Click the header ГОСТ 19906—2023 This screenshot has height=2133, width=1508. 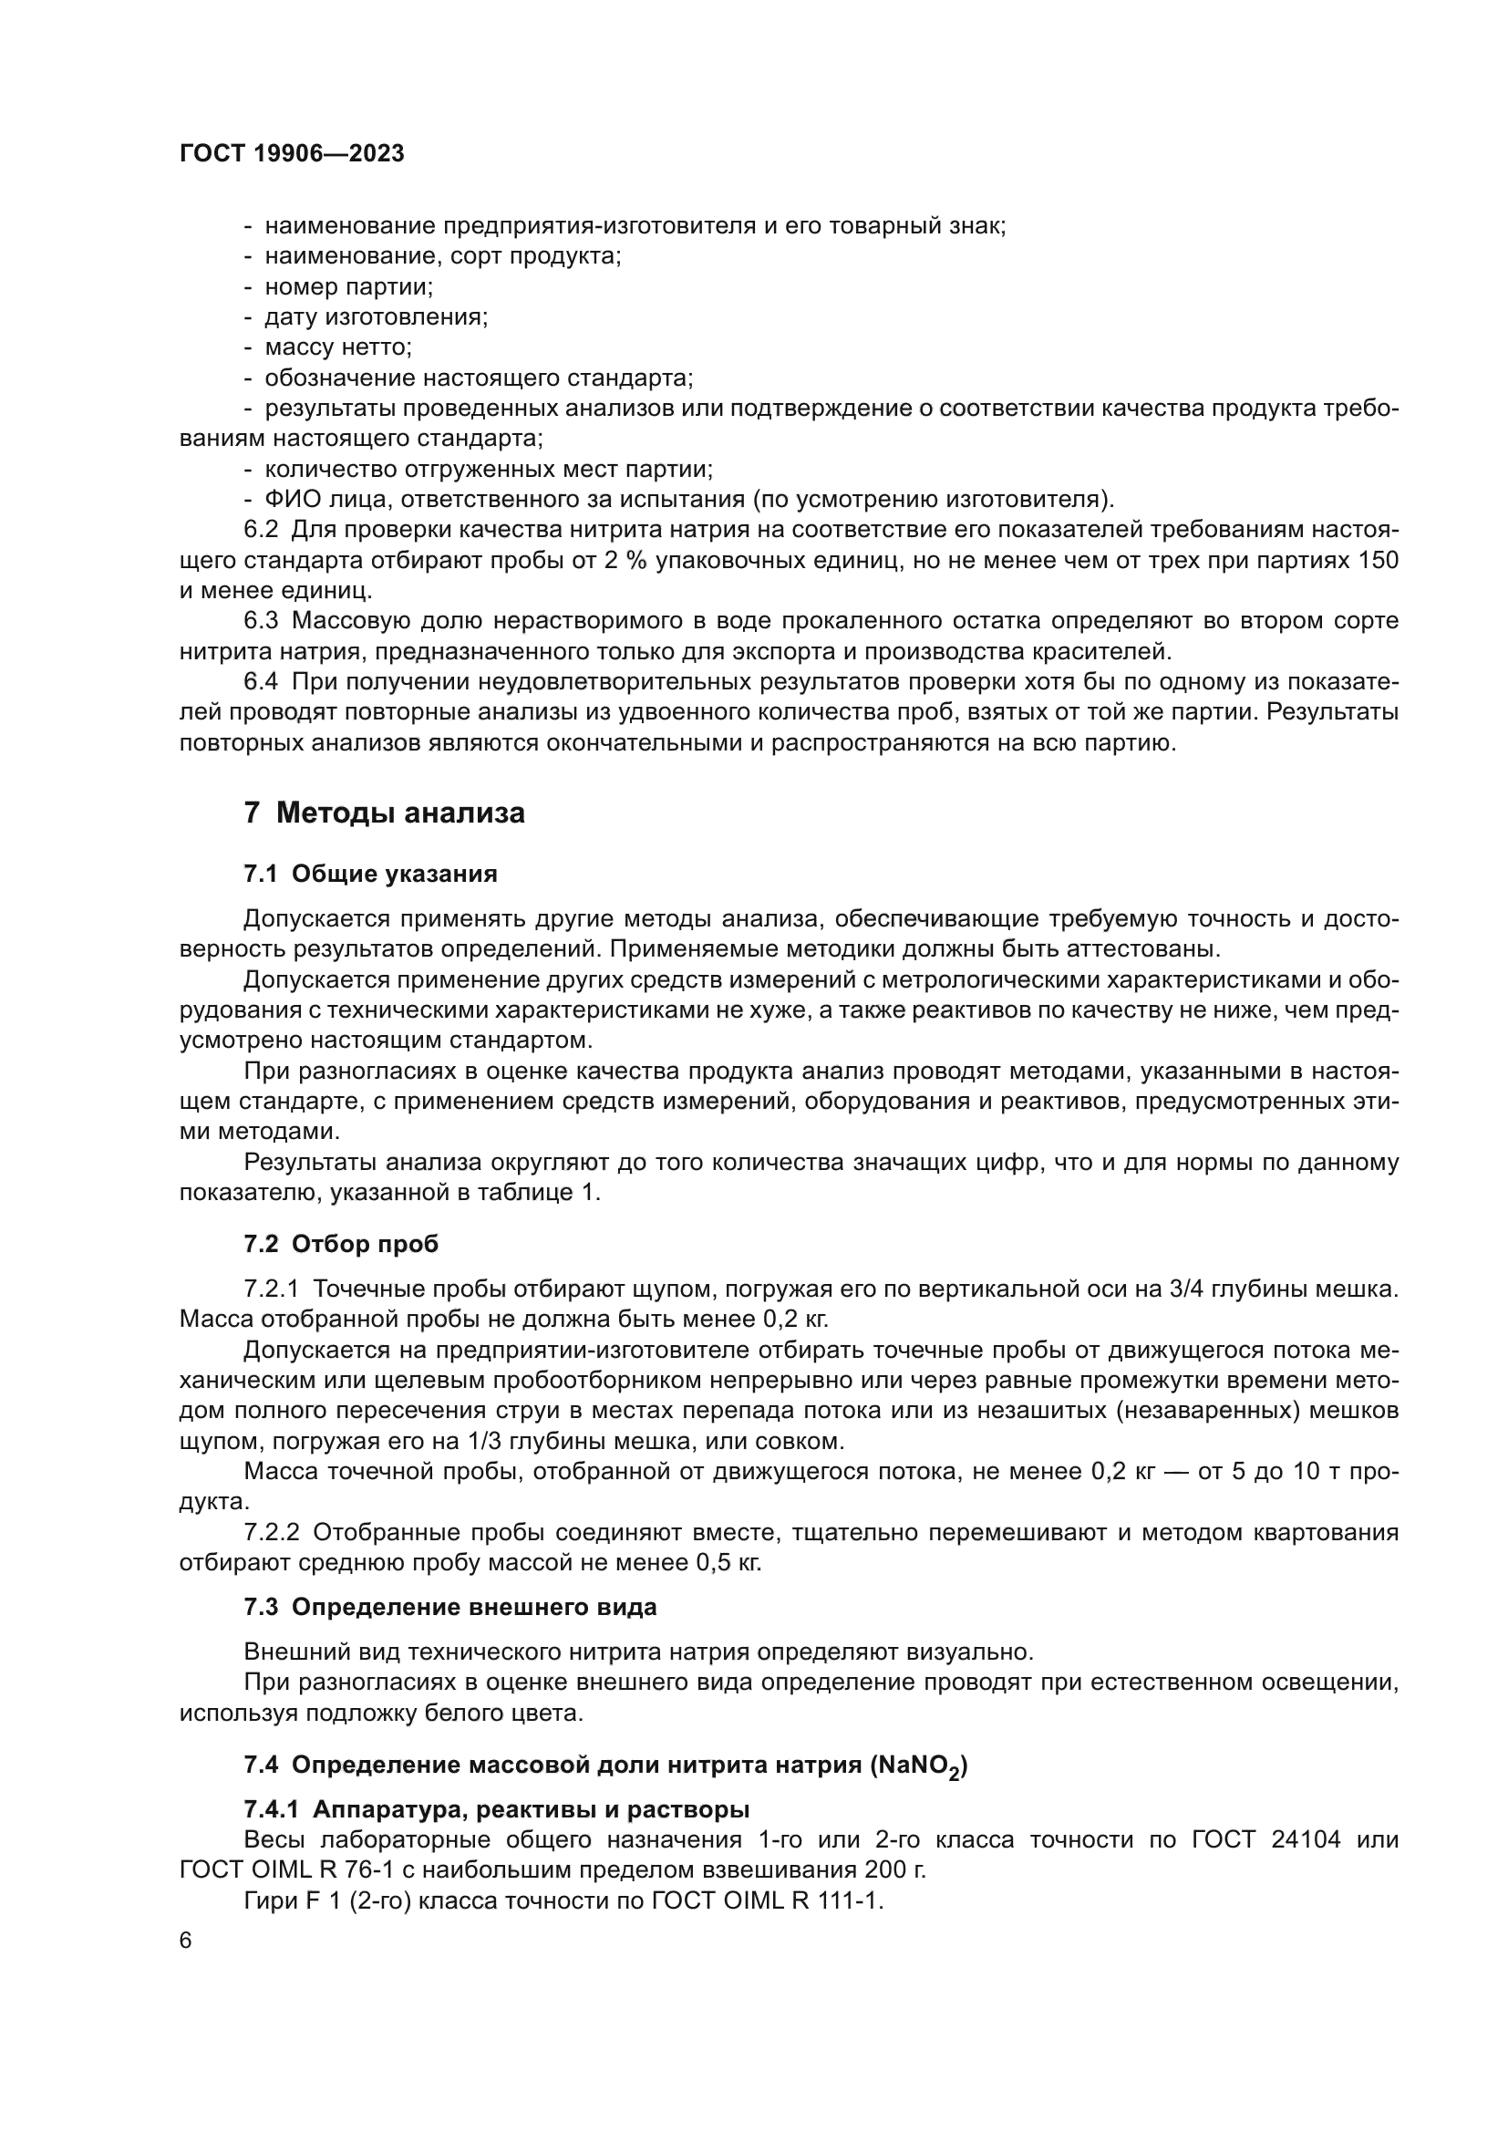[292, 153]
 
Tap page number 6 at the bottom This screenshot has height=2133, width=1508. [186, 1940]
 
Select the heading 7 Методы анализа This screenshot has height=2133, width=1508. [384, 813]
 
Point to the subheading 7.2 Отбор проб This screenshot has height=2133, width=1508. [341, 1244]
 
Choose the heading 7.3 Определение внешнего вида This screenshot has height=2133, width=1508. [449, 1607]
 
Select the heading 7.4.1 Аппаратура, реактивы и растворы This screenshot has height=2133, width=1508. [497, 1809]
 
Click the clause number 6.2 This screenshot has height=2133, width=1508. [261, 531]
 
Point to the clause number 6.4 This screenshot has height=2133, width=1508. [261, 682]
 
